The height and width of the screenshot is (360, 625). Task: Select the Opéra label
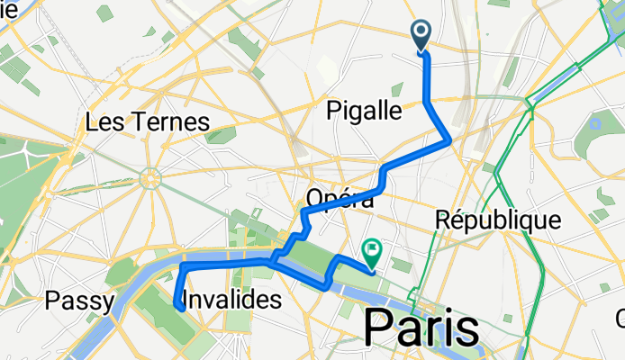click(x=340, y=198)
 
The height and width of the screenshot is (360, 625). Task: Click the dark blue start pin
click(x=422, y=36)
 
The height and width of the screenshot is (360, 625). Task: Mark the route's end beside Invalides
click(x=180, y=309)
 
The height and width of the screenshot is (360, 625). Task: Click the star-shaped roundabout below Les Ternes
click(x=150, y=181)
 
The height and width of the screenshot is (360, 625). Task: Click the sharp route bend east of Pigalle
click(x=448, y=139)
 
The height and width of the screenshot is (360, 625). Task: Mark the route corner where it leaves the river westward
click(x=184, y=267)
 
